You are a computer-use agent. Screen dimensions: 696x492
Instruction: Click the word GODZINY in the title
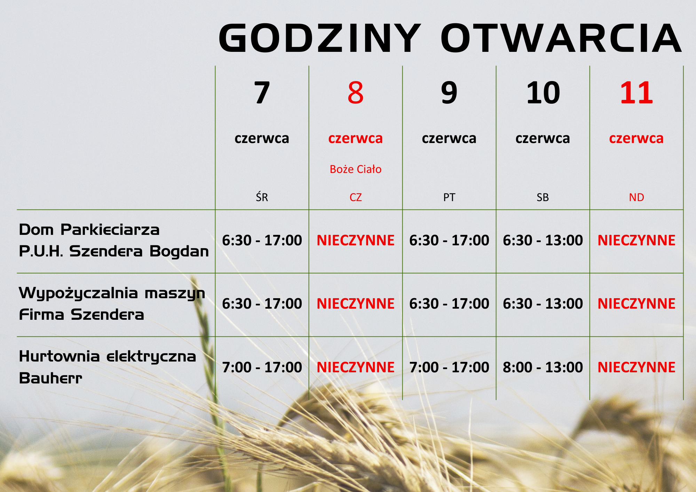point(320,38)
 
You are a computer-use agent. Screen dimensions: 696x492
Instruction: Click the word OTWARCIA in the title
point(561,38)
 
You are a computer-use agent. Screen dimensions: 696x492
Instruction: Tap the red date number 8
point(355,93)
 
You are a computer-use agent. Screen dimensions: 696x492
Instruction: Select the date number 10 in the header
point(543,93)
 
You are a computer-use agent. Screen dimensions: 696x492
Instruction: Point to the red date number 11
point(636,93)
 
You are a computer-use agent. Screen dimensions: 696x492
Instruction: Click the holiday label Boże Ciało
point(355,169)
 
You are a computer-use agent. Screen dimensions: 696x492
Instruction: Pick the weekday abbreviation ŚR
point(262,197)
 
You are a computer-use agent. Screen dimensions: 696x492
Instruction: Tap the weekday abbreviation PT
point(449,197)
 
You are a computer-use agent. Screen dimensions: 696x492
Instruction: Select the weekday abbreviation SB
point(543,197)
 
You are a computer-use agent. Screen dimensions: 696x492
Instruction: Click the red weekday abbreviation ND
point(636,197)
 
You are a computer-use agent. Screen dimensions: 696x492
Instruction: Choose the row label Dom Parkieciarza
point(89,230)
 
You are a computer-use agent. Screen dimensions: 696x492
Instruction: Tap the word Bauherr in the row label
point(50,378)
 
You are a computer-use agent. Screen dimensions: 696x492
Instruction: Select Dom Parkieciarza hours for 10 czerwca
point(543,240)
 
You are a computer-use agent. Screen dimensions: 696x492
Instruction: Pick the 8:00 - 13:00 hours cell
point(543,367)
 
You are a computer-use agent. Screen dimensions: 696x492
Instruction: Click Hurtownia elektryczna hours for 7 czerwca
point(262,367)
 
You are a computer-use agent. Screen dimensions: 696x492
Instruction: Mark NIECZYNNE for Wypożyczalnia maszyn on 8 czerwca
point(355,304)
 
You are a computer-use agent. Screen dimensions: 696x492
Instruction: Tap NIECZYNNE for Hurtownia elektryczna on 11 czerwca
point(636,367)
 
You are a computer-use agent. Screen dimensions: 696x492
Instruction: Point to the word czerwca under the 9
point(449,138)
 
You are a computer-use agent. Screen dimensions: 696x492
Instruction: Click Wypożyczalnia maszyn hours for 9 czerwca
point(449,304)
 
